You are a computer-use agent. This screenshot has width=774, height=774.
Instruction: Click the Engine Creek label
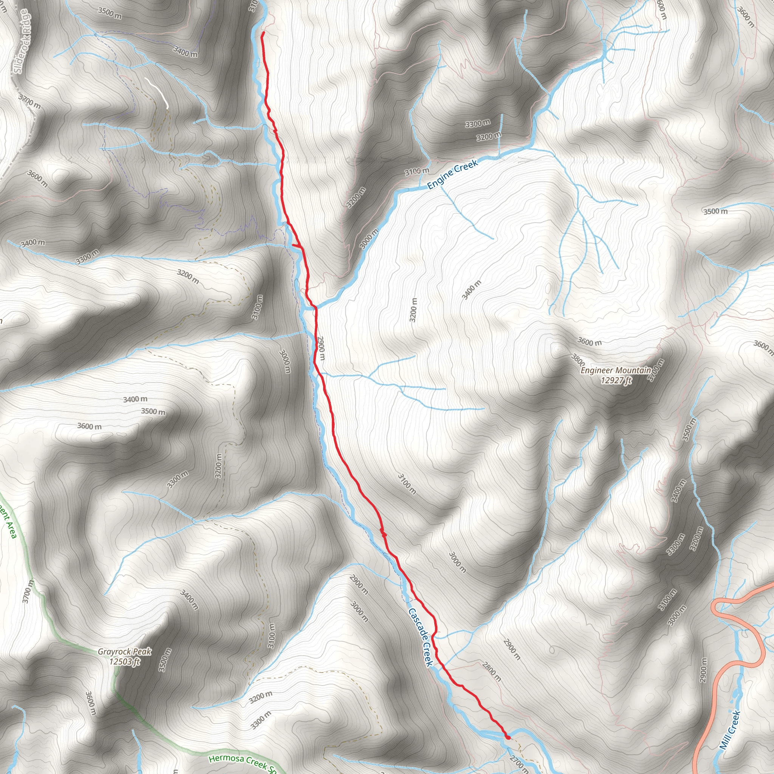point(453,174)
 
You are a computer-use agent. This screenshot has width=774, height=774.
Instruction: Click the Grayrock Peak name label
point(125,652)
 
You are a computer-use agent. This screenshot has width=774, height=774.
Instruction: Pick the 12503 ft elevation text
point(125,661)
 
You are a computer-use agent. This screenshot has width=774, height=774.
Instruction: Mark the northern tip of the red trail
point(262,33)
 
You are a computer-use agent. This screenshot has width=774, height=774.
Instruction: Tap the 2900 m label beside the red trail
point(321,348)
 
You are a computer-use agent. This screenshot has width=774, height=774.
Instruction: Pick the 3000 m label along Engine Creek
point(369,239)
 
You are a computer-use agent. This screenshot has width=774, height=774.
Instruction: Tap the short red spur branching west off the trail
point(296,245)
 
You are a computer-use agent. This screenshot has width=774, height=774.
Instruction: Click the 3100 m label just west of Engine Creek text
point(416,172)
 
